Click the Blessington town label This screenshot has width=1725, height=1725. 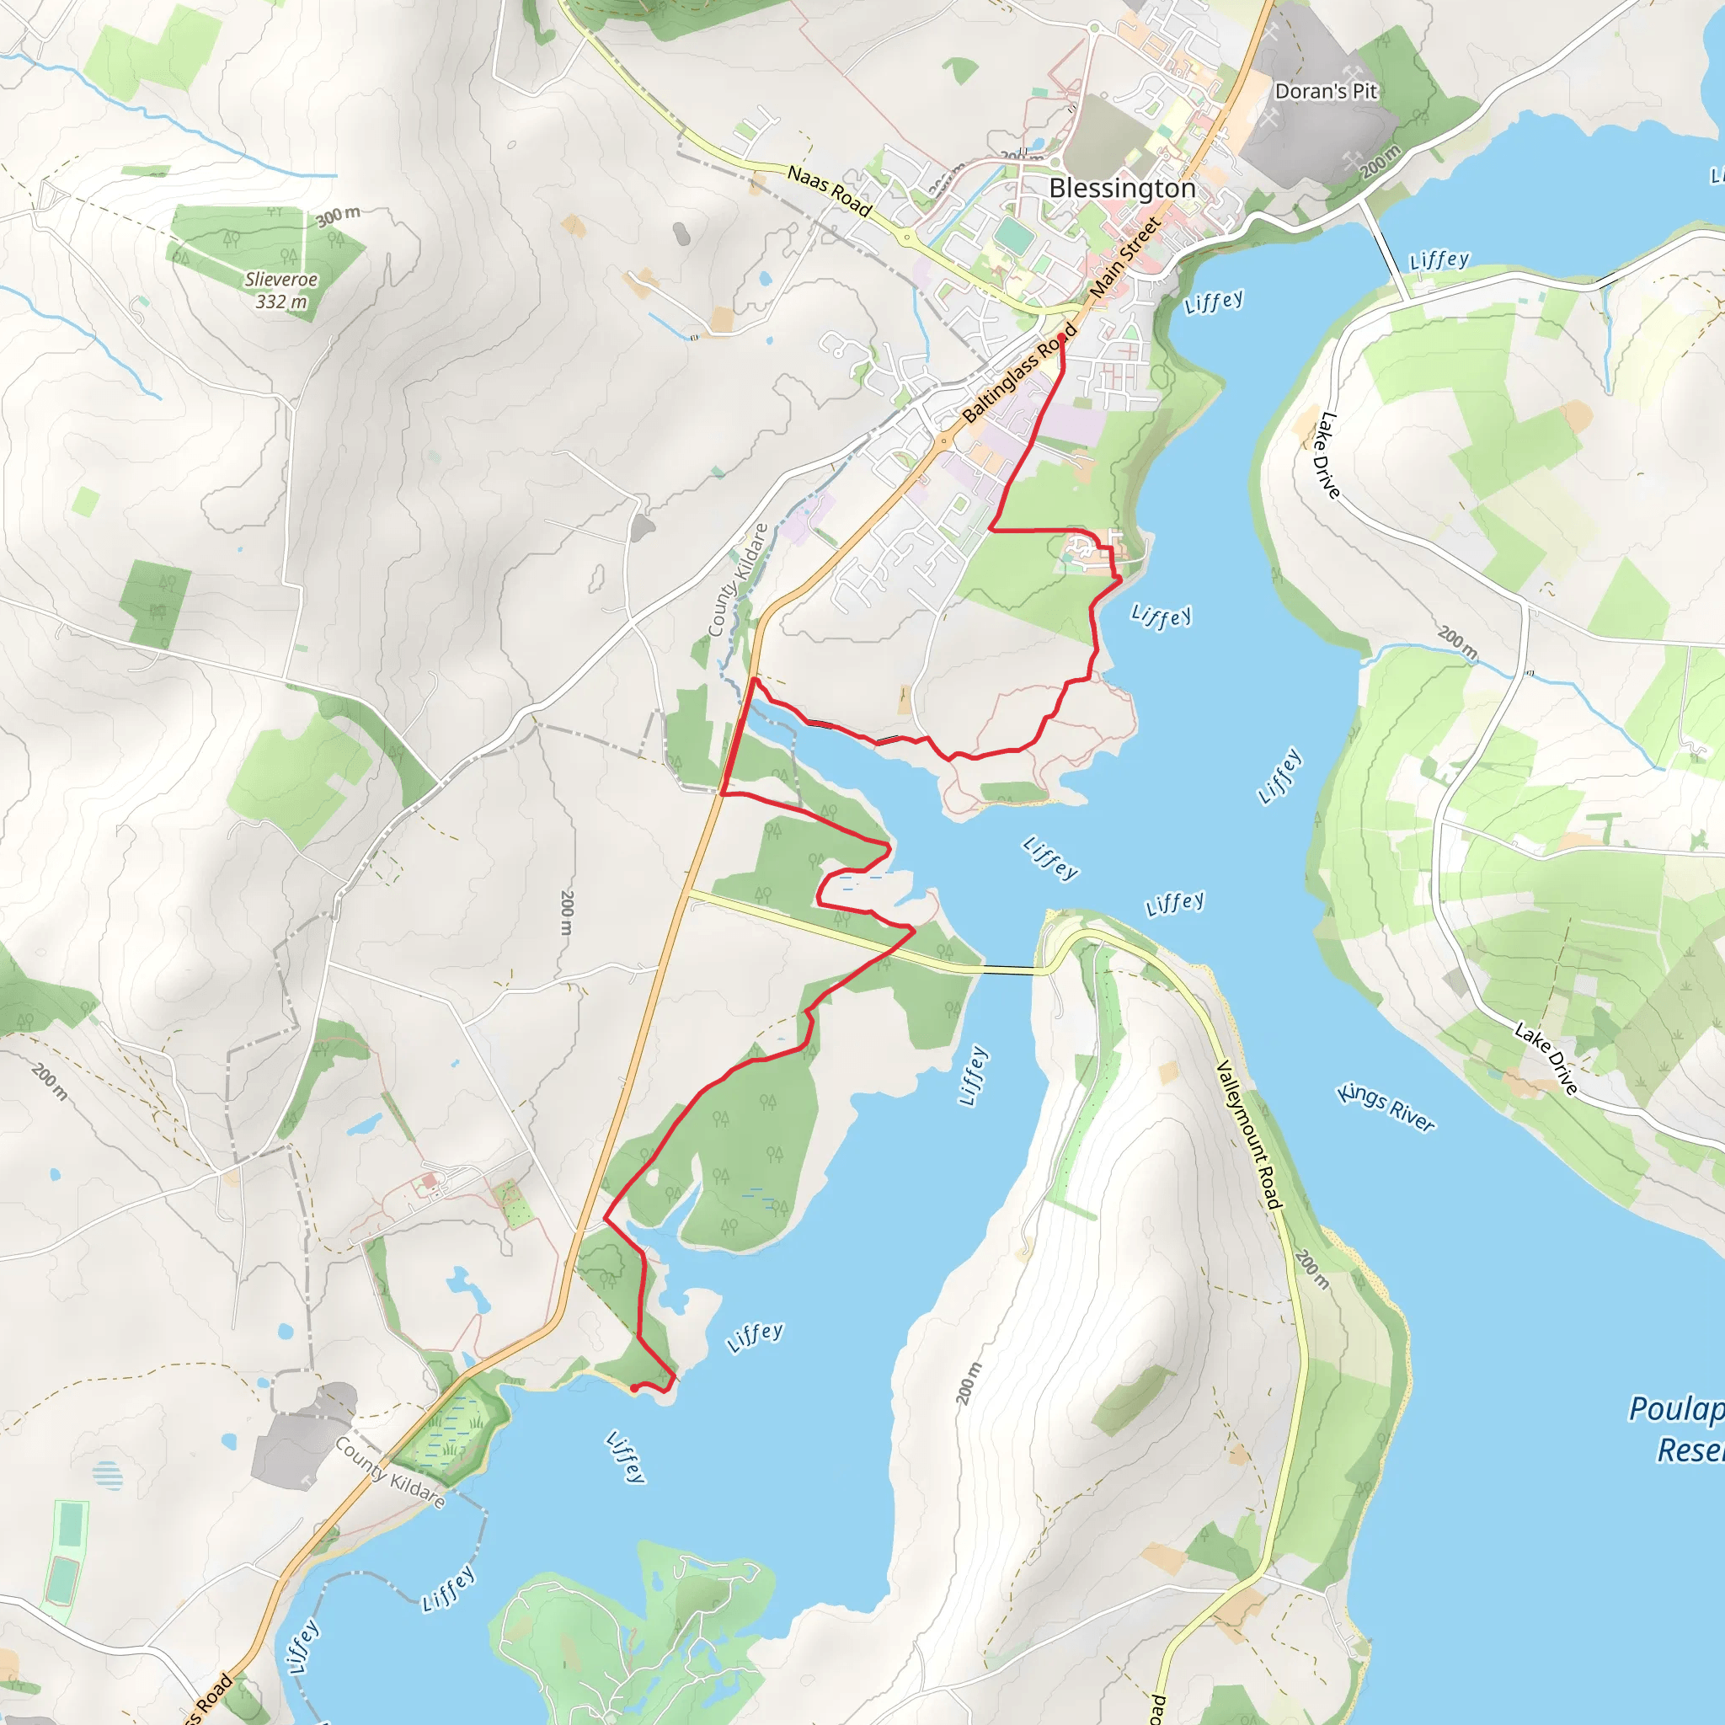[1121, 189]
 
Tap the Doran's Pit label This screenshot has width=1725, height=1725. [1325, 91]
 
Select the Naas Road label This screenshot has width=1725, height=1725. [829, 191]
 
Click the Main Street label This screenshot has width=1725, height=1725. [1125, 257]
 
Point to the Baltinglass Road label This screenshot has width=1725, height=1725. [1020, 373]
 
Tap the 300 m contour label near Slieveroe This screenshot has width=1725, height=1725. [339, 215]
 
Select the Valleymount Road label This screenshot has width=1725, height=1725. [1249, 1134]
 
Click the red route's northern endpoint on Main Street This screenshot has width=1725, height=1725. [1060, 337]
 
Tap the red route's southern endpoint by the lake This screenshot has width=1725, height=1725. [633, 1388]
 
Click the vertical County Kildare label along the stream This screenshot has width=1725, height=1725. [737, 580]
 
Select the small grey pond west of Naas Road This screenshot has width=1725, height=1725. [681, 234]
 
